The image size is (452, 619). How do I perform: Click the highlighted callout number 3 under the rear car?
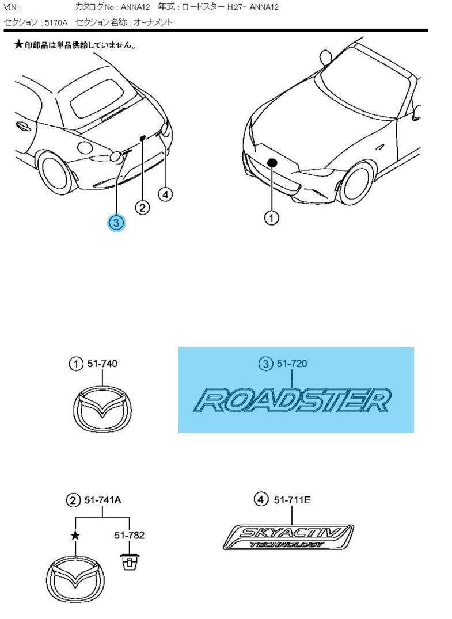point(116,222)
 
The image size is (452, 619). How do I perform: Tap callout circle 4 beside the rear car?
point(165,194)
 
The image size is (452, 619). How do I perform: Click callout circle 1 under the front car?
point(271,217)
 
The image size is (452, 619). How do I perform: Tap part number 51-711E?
point(292,501)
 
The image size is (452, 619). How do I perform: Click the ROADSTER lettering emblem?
point(292,400)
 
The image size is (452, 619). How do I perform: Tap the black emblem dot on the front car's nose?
point(272,163)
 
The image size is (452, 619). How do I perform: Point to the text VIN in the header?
point(12,7)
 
